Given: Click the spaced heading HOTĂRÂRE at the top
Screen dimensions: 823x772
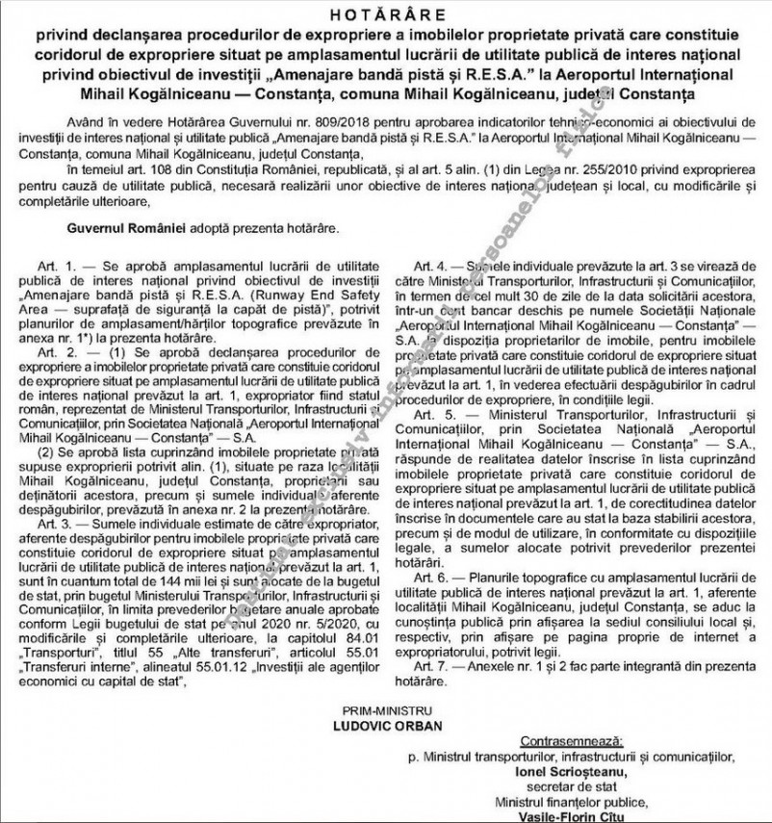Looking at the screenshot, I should point(385,15).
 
